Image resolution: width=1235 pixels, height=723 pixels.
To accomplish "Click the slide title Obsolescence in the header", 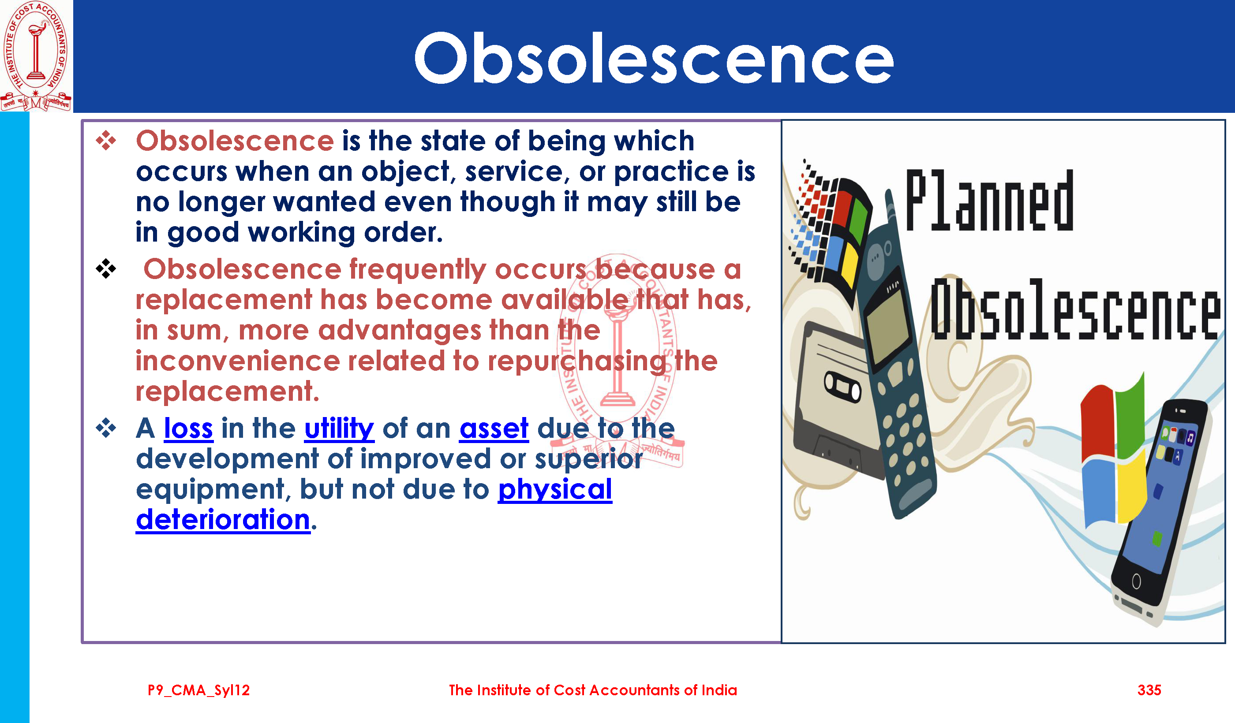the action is tap(654, 58).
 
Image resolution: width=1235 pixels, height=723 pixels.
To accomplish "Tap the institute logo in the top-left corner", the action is tap(36, 56).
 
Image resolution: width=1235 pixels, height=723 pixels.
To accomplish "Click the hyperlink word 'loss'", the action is tap(188, 429).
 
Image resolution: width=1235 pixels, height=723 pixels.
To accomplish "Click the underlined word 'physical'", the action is tap(555, 490).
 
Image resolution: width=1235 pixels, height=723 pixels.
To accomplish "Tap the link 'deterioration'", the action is tap(223, 520).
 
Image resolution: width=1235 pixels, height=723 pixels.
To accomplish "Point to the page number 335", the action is tap(1149, 690).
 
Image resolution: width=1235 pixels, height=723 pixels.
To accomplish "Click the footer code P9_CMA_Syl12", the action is tap(198, 691).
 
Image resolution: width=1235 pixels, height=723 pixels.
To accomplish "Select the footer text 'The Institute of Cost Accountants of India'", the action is tap(593, 690).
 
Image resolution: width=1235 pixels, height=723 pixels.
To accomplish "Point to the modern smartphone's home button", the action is tap(1137, 581).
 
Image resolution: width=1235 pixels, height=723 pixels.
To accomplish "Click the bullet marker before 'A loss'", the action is tap(106, 428).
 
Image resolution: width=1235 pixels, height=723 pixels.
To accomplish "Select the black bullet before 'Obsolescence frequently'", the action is tap(106, 268).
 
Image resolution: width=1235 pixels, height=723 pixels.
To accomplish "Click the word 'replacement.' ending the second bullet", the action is tap(228, 392).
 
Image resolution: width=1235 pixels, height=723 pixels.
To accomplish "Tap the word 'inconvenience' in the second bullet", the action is tap(238, 361).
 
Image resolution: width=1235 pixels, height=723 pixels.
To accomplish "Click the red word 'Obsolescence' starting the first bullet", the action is tap(235, 141).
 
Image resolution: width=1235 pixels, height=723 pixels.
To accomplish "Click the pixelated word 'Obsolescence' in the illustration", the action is tap(1076, 309).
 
